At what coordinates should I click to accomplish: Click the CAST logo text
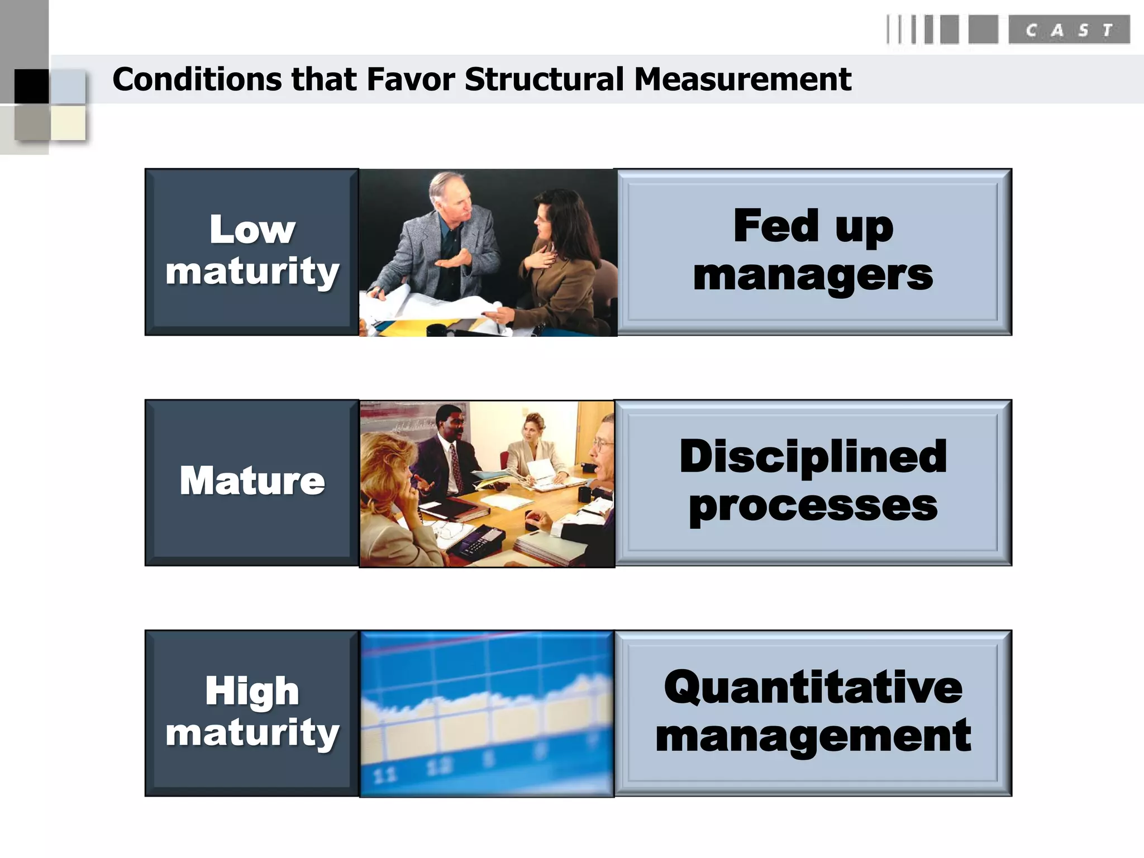tap(1069, 30)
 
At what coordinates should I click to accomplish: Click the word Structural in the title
tap(544, 79)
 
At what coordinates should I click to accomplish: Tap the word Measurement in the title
tap(742, 79)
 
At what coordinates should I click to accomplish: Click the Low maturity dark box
tap(252, 251)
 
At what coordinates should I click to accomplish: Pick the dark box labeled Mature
tap(252, 482)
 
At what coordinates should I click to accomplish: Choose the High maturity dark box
tap(252, 712)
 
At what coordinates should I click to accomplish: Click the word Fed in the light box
tap(776, 226)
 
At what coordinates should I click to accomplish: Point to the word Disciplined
tap(813, 457)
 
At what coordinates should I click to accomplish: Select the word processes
tap(813, 506)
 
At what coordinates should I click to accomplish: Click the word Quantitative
tap(813, 688)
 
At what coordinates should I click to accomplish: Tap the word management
tap(813, 737)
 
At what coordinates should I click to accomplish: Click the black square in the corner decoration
tap(31, 86)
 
